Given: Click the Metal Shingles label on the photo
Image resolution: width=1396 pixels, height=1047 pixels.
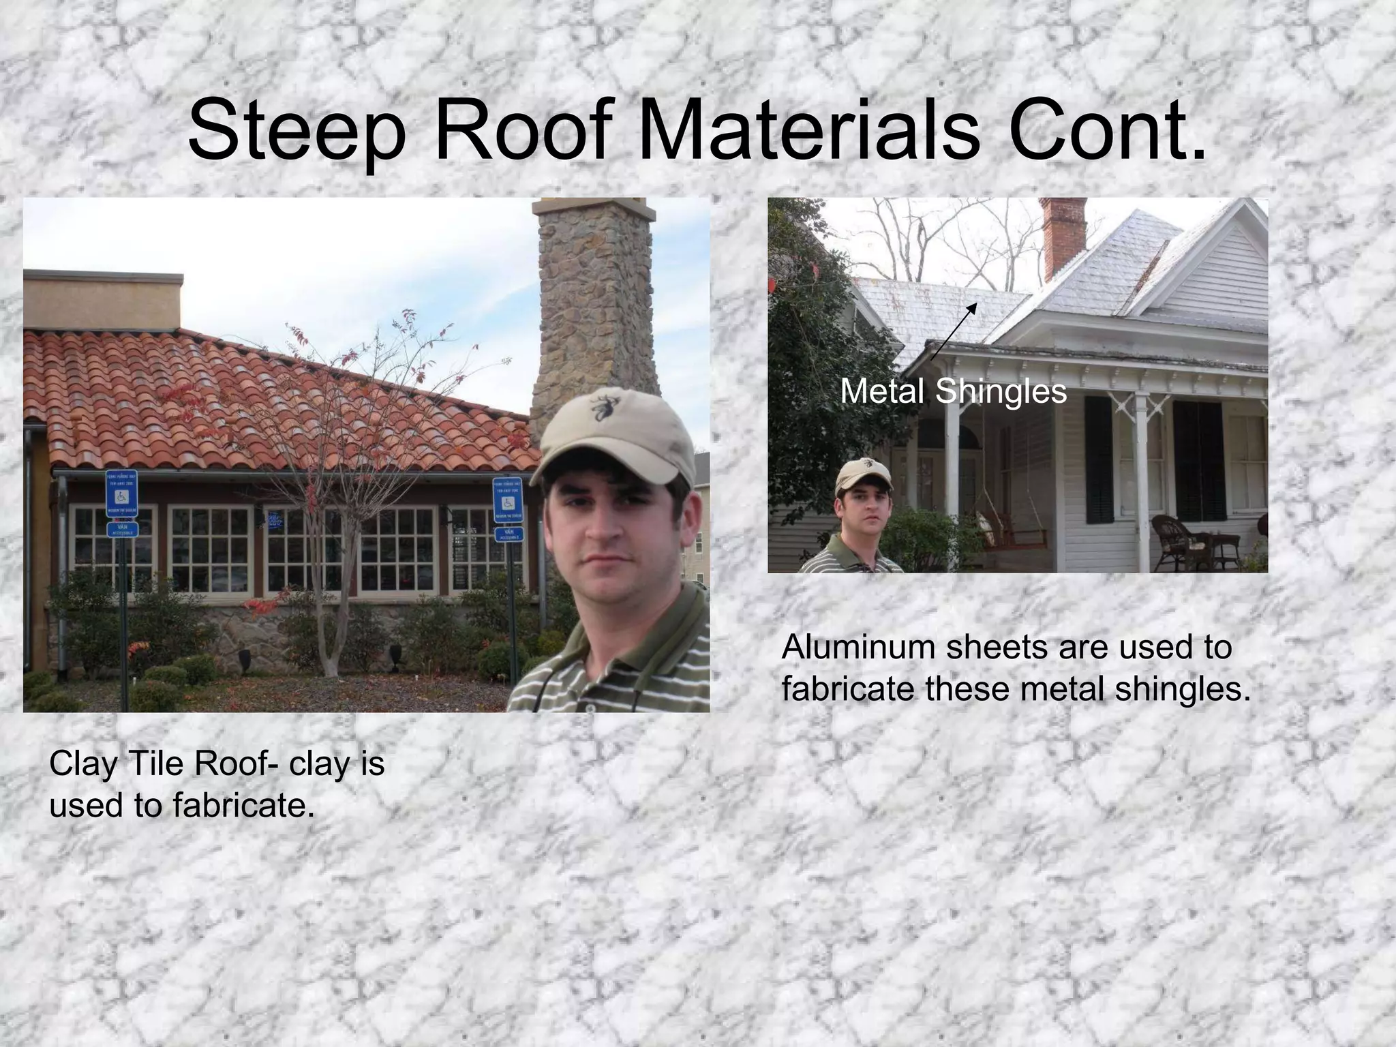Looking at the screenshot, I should tap(953, 391).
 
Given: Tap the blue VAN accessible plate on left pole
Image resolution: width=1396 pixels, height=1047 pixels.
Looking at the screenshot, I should tap(123, 530).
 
